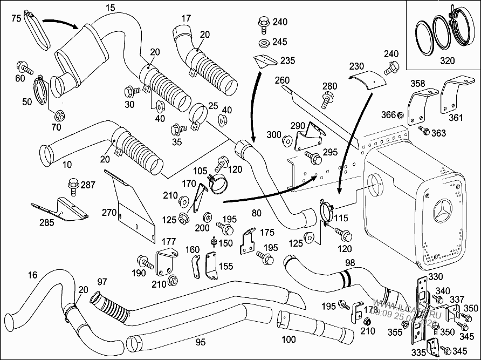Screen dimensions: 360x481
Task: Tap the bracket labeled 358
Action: click(x=416, y=106)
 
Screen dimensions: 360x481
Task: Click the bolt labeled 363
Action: click(x=424, y=131)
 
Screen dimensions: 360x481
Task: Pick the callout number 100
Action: click(x=289, y=339)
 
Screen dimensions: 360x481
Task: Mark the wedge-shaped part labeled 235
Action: click(x=264, y=62)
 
